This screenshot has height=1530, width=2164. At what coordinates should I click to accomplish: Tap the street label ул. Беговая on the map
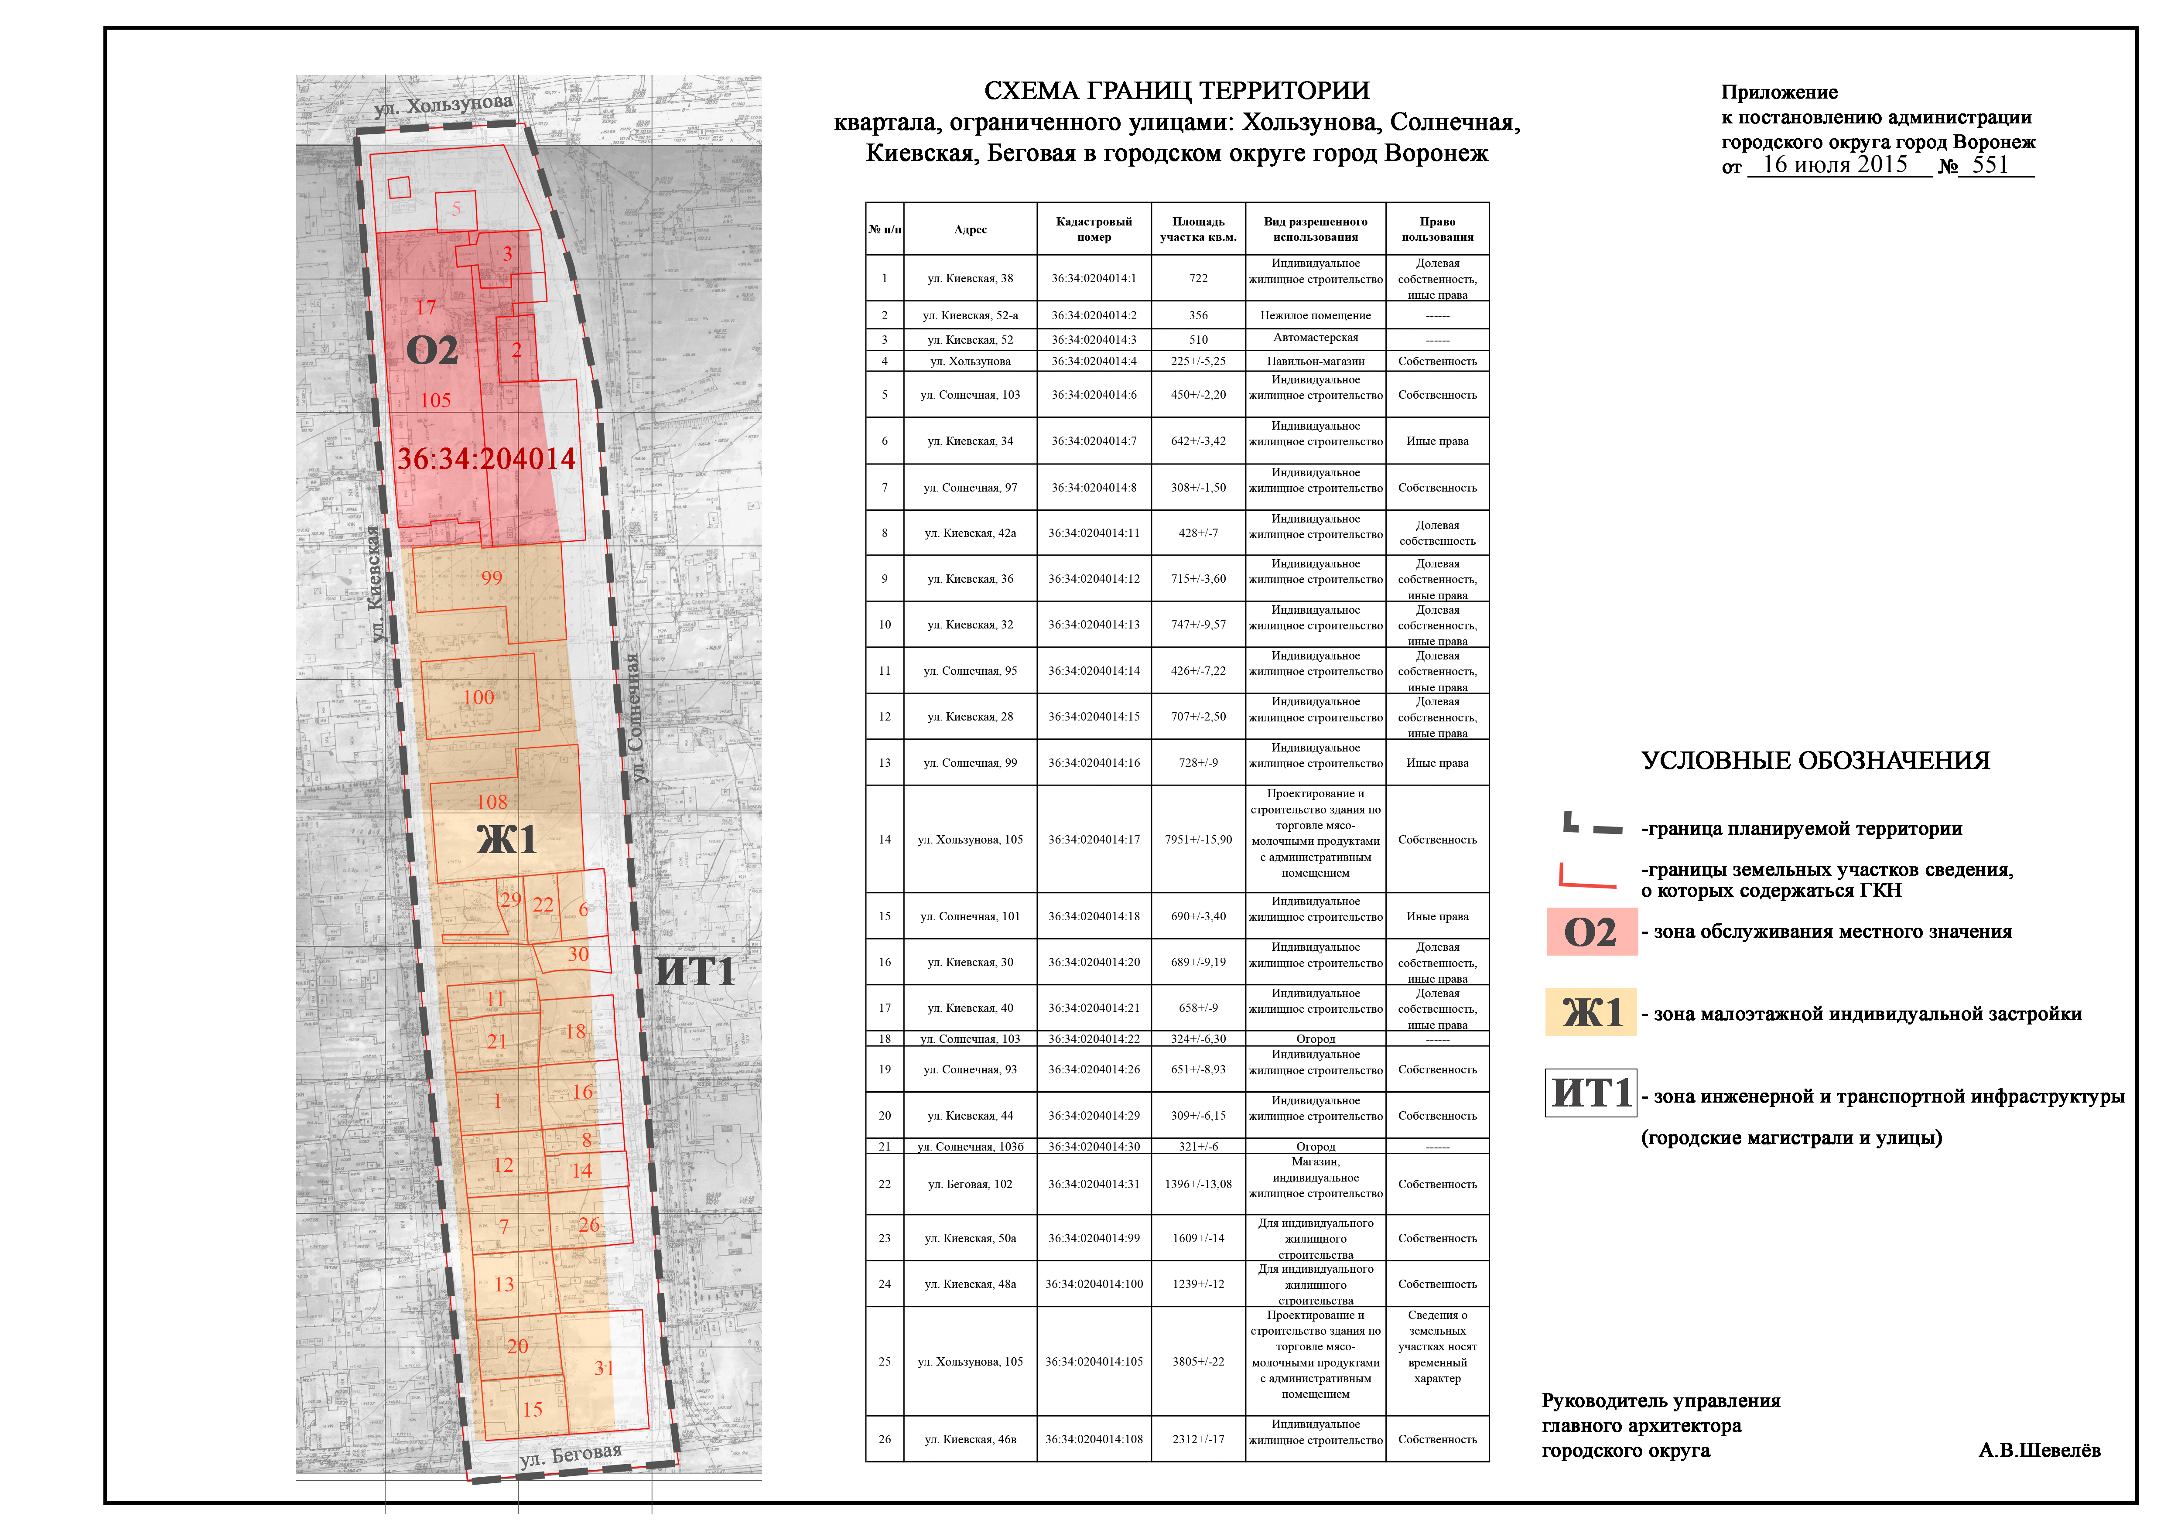pyautogui.click(x=571, y=1455)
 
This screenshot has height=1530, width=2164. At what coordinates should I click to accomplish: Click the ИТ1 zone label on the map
pyautogui.click(x=694, y=971)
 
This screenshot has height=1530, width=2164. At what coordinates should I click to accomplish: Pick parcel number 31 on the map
pyautogui.click(x=604, y=1368)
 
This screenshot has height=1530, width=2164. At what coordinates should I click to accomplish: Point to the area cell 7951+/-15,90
pyautogui.click(x=1198, y=840)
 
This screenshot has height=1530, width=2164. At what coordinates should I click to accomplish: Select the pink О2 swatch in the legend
pyautogui.click(x=1591, y=932)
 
